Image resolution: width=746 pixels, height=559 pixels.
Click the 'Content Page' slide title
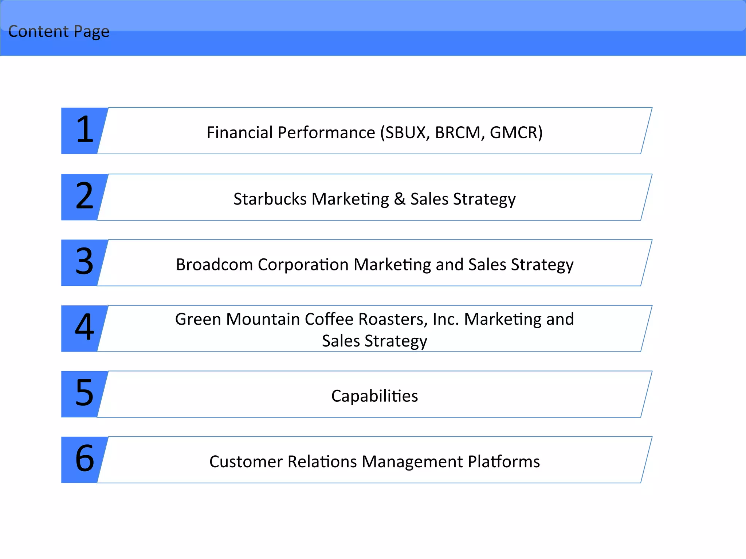[x=59, y=31]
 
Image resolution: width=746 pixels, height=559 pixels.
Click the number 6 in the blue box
[x=85, y=458]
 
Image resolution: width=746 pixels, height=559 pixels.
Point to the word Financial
[x=239, y=132]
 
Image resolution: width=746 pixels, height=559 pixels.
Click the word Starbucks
[x=270, y=199]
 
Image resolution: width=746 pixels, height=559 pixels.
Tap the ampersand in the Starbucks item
[x=400, y=199]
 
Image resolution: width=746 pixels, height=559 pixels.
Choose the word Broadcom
[x=214, y=265]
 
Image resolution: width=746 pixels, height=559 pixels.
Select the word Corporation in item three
[x=303, y=265]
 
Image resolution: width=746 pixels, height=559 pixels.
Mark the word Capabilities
[x=374, y=396]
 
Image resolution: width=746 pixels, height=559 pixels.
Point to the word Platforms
[x=504, y=462]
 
